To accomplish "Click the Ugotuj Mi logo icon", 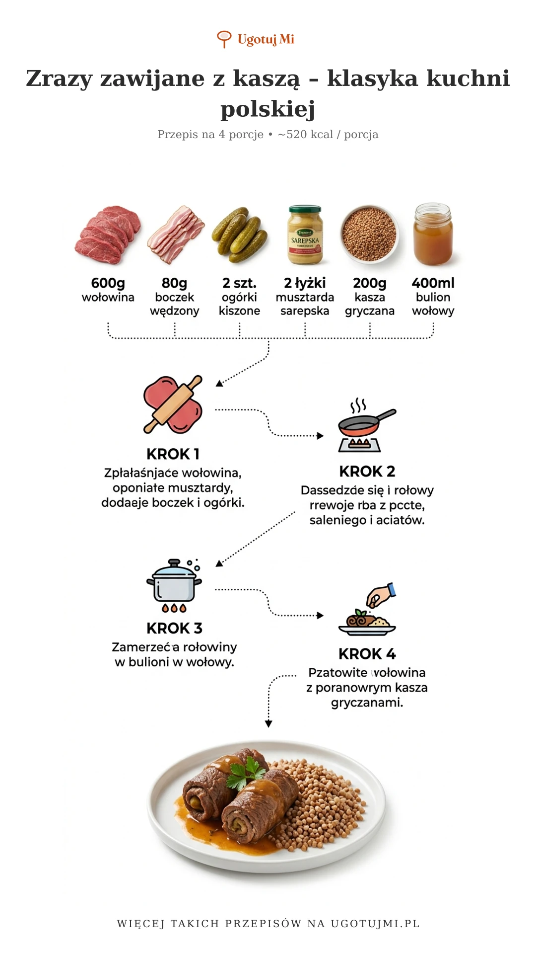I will click(224, 39).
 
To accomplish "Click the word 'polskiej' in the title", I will click(268, 109).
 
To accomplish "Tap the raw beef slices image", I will click(108, 235).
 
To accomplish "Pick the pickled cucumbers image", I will click(239, 235).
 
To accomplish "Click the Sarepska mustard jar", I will click(305, 235).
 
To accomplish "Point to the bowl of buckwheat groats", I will click(369, 234).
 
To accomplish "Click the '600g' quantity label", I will click(108, 283).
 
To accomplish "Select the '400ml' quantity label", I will click(433, 283).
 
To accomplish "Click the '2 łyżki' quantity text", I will click(305, 283).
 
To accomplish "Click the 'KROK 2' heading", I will click(367, 471).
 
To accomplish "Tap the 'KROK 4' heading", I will click(367, 653).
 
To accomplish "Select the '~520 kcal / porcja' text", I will click(328, 134).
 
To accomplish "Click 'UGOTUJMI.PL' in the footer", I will click(375, 923).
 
